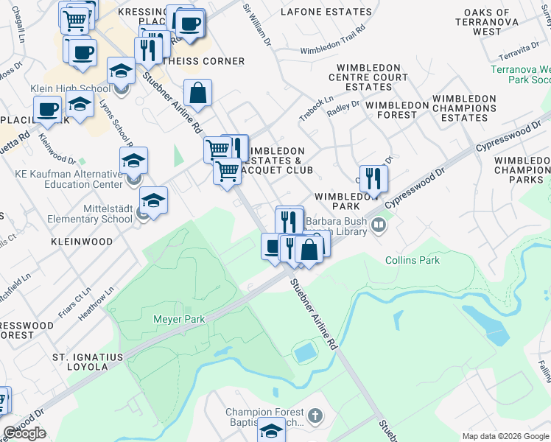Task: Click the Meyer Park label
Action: click(x=178, y=319)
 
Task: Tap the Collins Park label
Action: click(x=412, y=260)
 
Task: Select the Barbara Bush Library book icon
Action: click(x=379, y=224)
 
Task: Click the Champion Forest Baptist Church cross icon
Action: click(x=315, y=416)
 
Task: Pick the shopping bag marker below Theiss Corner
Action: click(x=198, y=94)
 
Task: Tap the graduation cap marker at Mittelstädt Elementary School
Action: click(x=153, y=200)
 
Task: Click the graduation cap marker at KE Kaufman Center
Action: click(x=133, y=161)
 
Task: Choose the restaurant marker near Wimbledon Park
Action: click(x=373, y=178)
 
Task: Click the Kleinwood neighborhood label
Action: click(x=82, y=242)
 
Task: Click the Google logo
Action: click(x=24, y=433)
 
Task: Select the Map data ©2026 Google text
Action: click(x=505, y=436)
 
